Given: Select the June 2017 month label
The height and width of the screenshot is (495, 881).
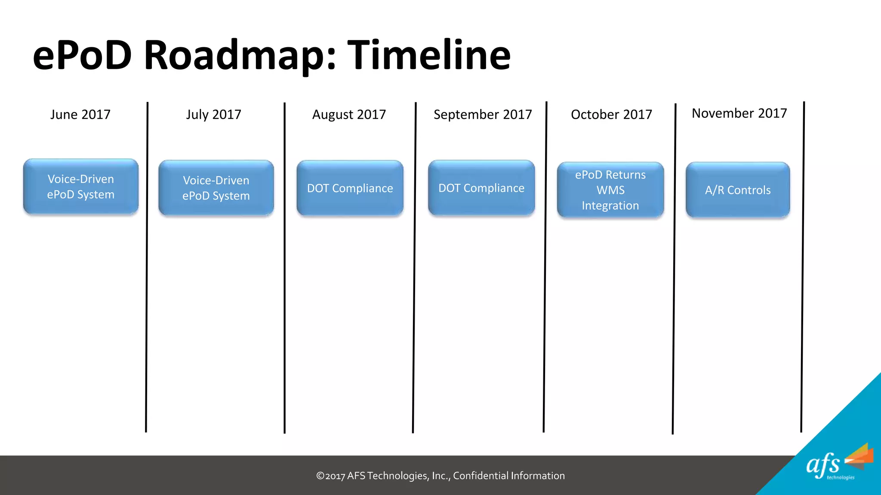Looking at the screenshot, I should (x=80, y=114).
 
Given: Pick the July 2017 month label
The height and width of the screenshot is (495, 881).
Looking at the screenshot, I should (x=213, y=114).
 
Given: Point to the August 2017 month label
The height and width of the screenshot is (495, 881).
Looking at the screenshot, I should (x=349, y=114).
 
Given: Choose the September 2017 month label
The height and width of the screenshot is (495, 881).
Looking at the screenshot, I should (x=483, y=114).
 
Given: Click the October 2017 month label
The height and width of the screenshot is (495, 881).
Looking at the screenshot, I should (x=611, y=114).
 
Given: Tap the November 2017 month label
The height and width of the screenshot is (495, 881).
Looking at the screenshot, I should (x=739, y=113).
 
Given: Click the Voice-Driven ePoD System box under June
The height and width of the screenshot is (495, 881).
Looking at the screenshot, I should (x=81, y=186).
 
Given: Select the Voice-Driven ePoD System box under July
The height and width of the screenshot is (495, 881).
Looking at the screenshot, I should (x=216, y=188).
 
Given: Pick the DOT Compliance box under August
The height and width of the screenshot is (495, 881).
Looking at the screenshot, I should (x=350, y=188).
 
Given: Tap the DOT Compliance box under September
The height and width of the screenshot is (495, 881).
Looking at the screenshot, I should (x=481, y=187).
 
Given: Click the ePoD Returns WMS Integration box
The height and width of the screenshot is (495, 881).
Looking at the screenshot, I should (x=610, y=190).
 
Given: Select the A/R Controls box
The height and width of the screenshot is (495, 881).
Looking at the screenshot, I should (x=738, y=190).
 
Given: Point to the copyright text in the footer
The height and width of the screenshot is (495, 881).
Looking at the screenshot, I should (x=440, y=476).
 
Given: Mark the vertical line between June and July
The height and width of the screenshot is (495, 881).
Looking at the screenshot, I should (x=147, y=266).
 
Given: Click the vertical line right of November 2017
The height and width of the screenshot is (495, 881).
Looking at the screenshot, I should (x=803, y=266).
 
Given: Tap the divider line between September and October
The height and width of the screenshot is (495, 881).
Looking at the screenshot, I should (x=545, y=266).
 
